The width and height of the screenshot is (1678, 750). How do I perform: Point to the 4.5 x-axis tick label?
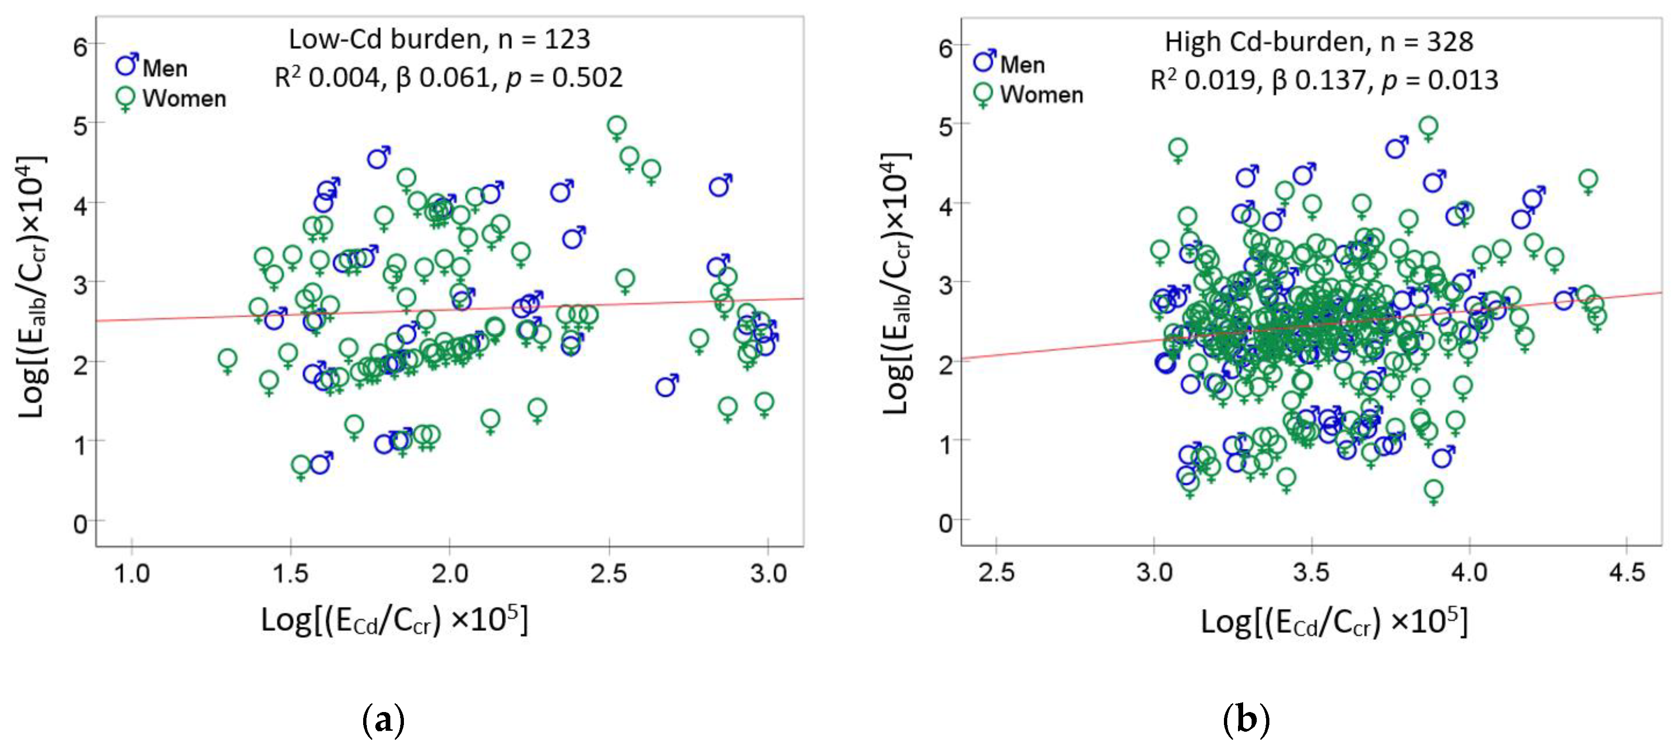pos(1626,573)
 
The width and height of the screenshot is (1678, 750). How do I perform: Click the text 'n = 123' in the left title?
pos(544,40)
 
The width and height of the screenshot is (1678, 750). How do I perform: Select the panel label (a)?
pos(383,720)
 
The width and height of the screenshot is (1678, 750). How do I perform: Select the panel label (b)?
pos(1246,720)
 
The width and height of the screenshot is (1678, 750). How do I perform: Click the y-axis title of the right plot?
pos(896,284)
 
